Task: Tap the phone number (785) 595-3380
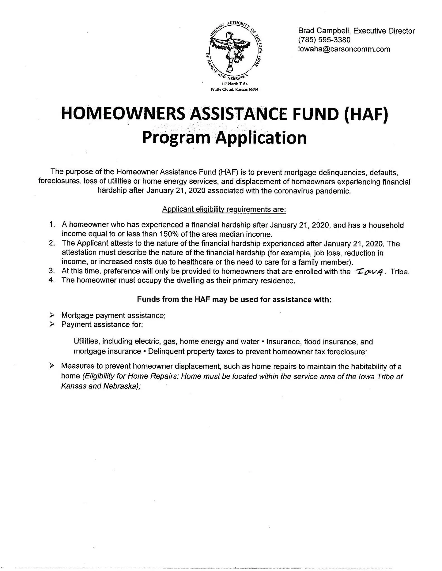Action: (x=324, y=40)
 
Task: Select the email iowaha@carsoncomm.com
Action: (x=344, y=49)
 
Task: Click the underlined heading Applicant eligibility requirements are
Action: (x=224, y=209)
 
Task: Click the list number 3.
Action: (x=51, y=271)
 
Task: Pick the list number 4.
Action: (x=51, y=280)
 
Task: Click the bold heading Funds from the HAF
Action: (x=234, y=299)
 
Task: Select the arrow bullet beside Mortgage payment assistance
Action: (x=51, y=315)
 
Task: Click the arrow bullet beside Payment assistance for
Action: (x=51, y=324)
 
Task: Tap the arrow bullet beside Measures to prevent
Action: (x=51, y=366)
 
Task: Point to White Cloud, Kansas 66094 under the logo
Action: (x=234, y=89)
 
